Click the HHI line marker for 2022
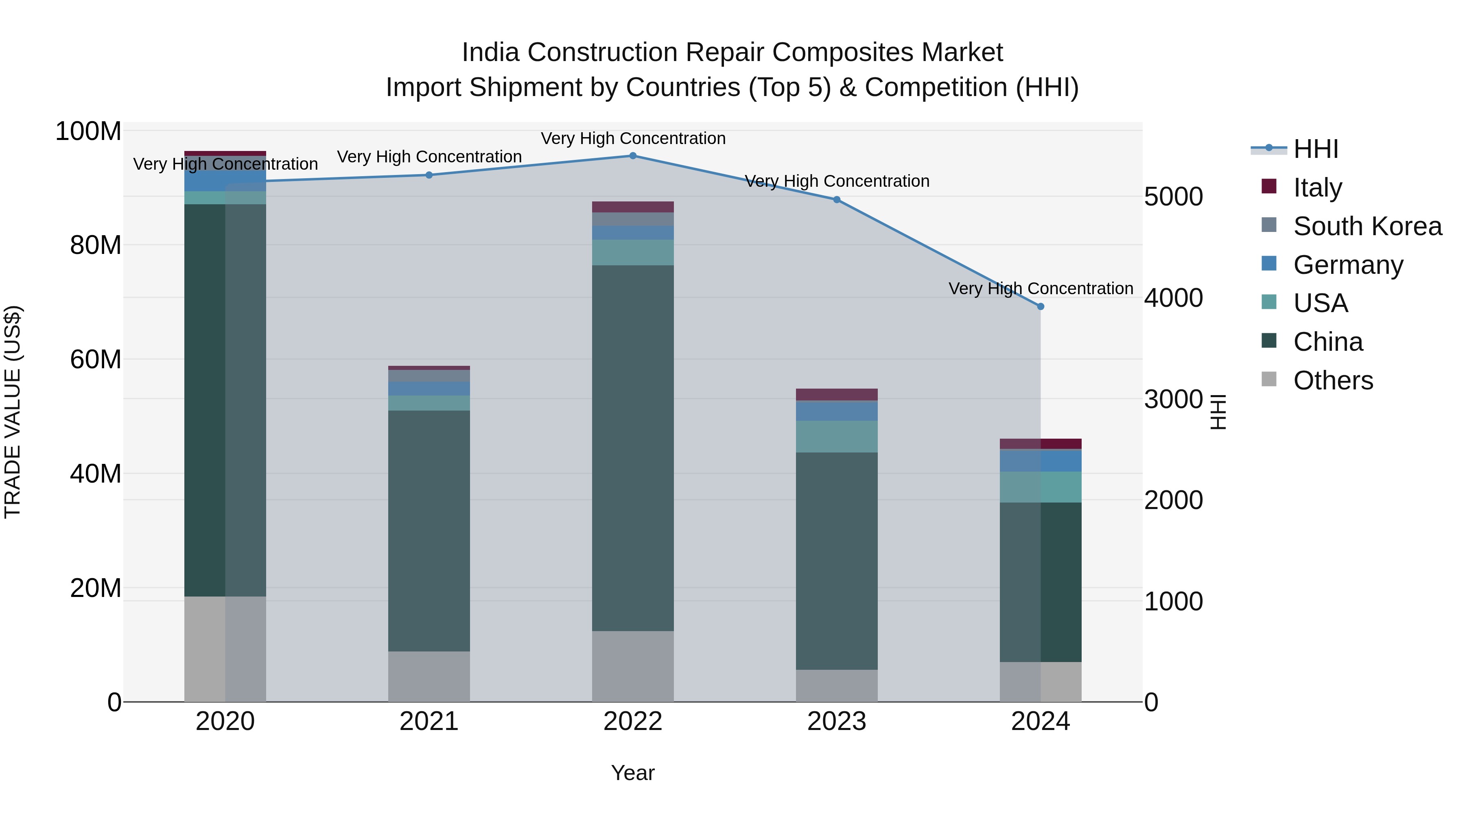tap(632, 156)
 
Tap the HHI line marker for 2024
tap(1040, 306)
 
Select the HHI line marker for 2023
tap(837, 200)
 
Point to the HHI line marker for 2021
tap(429, 175)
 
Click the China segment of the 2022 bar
tap(632, 448)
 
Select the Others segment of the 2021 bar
tap(429, 676)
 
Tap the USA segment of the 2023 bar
tap(837, 436)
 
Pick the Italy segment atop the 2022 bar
tap(632, 207)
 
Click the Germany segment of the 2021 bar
tap(429, 389)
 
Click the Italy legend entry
tap(1317, 188)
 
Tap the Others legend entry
tap(1332, 380)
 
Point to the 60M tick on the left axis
tap(96, 359)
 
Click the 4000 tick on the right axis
tap(1173, 298)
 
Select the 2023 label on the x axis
tap(837, 721)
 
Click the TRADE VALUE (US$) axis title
tap(13, 412)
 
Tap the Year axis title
tap(632, 773)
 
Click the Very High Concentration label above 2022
tap(632, 138)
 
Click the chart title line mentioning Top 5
tap(732, 87)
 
